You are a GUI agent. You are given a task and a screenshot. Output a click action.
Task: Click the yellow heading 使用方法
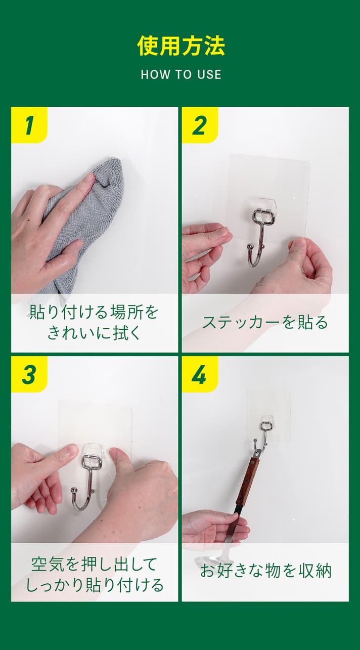pos(181,46)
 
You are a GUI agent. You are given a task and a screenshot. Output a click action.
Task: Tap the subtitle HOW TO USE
pos(181,74)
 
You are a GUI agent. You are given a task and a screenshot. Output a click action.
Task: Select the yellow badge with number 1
pos(29,125)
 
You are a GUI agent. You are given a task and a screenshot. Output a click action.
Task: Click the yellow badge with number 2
pos(200,125)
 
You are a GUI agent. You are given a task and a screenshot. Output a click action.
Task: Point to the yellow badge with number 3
pos(29,374)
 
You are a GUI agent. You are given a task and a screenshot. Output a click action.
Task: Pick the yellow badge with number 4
pos(200,374)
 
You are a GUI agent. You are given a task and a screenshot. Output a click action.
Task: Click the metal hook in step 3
pos(83,482)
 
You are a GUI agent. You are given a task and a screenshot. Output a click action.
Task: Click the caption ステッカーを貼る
pos(265,323)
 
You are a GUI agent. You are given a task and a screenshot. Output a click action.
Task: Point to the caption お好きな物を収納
pos(265,571)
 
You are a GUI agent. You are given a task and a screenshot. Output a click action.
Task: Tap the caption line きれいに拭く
pos(94,332)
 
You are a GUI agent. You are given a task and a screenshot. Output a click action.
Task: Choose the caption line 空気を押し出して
pos(94,564)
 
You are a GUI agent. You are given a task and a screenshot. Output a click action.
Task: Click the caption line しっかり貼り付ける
pos(95,585)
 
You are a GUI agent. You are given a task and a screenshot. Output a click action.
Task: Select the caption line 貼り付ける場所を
pos(94,312)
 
